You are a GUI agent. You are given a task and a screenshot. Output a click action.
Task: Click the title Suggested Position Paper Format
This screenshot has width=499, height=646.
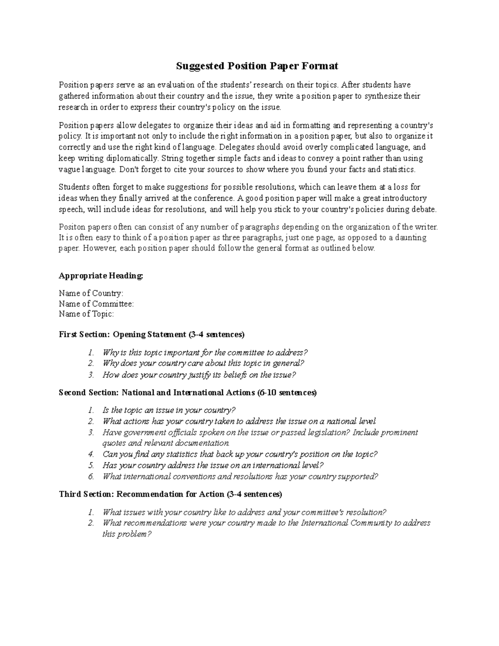(257, 66)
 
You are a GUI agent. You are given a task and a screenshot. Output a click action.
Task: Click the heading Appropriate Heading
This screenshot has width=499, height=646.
(101, 275)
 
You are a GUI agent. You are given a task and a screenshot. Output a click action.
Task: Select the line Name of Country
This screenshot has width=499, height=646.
(91, 293)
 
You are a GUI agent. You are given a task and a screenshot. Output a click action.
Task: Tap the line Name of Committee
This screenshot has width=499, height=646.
(96, 304)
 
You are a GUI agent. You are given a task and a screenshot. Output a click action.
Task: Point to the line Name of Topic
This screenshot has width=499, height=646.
(86, 314)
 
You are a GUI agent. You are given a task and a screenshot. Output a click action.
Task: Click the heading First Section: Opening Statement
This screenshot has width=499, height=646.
(152, 334)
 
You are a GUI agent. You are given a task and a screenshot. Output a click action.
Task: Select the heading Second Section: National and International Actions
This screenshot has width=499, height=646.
(188, 393)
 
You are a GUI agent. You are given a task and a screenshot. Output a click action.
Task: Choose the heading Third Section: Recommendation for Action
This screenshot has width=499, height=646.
(170, 494)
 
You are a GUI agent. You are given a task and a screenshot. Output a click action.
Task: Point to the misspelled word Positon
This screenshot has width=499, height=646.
(72, 227)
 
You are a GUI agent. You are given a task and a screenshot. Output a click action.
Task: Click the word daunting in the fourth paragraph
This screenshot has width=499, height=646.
(411, 238)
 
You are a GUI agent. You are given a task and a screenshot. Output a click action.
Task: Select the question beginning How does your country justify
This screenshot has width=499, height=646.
(199, 375)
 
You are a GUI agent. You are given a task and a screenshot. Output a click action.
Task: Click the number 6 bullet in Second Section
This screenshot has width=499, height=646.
(91, 476)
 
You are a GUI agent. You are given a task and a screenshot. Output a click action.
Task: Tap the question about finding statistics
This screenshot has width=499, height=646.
(240, 454)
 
